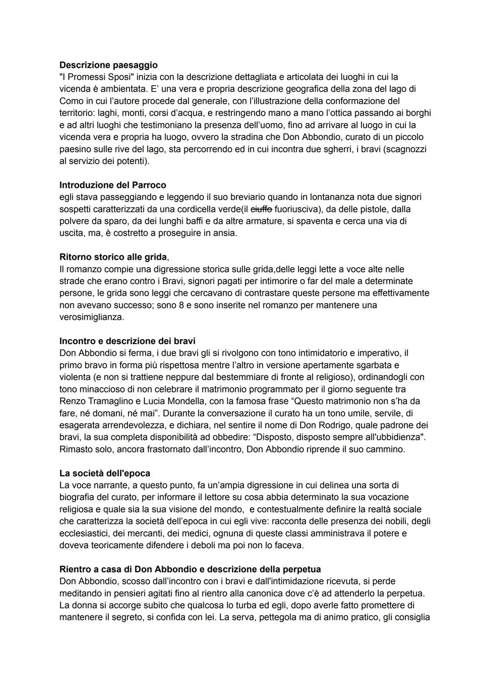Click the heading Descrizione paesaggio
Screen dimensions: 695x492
point(108,65)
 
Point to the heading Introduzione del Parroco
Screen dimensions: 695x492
point(113,185)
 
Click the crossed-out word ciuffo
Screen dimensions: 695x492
point(261,209)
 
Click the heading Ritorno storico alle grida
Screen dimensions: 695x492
point(113,257)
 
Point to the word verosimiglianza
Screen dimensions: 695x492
point(92,317)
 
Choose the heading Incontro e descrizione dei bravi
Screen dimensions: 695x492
point(128,341)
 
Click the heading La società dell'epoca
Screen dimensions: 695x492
point(105,473)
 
